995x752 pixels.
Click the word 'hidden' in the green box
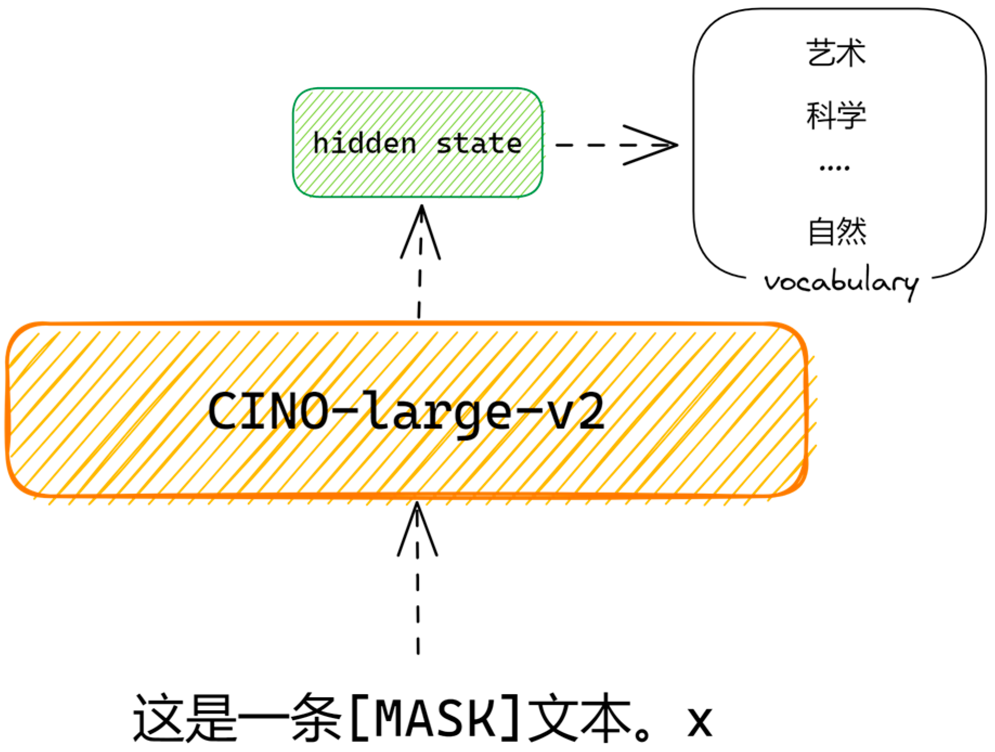(365, 143)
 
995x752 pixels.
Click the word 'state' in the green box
(479, 143)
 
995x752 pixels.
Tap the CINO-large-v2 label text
(406, 411)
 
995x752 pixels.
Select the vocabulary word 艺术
(836, 53)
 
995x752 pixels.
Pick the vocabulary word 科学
(836, 115)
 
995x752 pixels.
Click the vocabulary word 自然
(837, 231)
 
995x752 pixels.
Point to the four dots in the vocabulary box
(834, 168)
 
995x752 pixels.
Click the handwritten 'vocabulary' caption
(841, 282)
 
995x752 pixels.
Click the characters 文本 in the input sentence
(578, 718)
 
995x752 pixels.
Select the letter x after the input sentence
(699, 722)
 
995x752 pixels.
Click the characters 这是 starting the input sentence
(185, 718)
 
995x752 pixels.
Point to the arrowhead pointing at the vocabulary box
(658, 145)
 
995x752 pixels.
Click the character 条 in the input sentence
(316, 718)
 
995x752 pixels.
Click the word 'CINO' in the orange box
(268, 411)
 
